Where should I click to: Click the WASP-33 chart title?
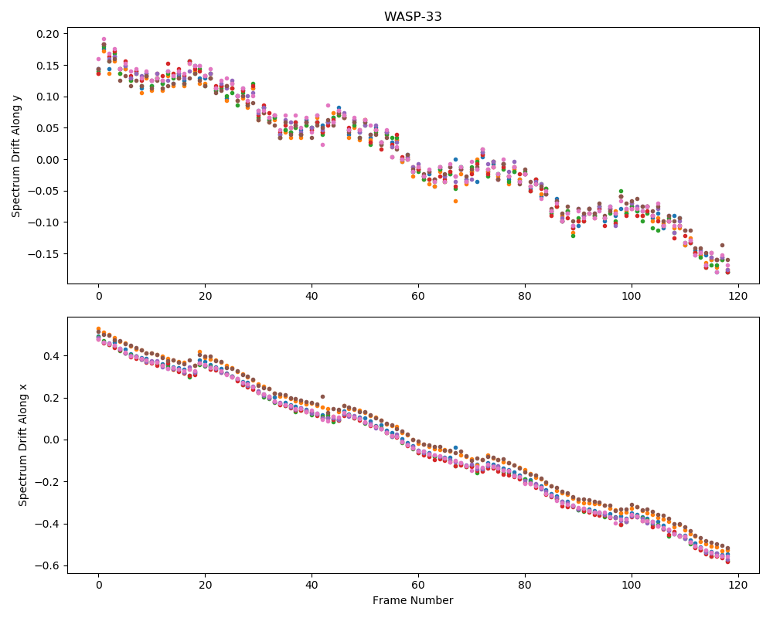[413, 16]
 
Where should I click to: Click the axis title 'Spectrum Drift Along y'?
[16, 156]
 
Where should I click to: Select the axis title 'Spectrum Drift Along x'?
[22, 445]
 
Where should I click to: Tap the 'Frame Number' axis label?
[413, 600]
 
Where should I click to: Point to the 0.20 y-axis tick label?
[47, 34]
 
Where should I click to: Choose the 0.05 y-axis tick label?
[47, 129]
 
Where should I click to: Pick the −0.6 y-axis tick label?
[49, 565]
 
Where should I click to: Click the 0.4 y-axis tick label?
[51, 356]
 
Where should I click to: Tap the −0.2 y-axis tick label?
[49, 482]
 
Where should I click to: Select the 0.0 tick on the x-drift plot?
[51, 440]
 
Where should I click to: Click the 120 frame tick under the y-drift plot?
[738, 296]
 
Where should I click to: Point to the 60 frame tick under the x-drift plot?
[418, 586]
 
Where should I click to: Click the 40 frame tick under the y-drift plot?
[312, 296]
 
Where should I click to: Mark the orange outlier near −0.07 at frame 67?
[455, 201]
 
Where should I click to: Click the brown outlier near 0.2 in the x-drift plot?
[322, 396]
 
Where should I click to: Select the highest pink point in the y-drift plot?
[104, 39]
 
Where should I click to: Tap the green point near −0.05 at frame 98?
[621, 192]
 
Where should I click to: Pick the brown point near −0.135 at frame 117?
[722, 245]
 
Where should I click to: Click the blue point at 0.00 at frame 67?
[455, 160]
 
